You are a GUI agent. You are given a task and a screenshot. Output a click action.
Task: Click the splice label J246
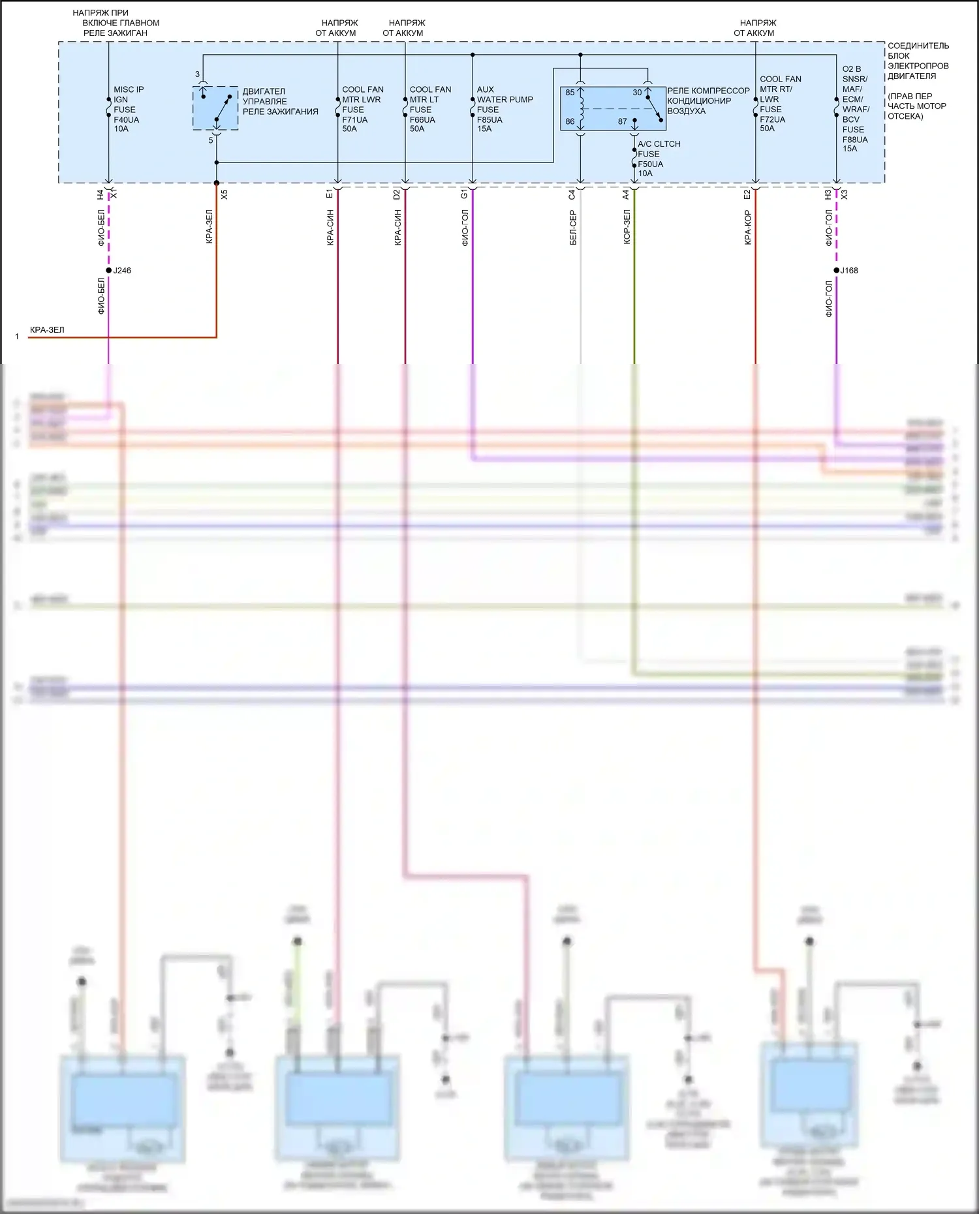(122, 270)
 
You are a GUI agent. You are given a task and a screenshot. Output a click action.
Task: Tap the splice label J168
(849, 270)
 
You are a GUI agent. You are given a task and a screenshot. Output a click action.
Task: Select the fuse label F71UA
(355, 119)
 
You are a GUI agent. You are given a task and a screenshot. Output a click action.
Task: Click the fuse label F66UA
(422, 119)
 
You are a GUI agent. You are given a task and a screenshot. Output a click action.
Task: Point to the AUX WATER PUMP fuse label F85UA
(489, 119)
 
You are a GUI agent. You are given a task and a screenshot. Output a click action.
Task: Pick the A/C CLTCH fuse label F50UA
(650, 164)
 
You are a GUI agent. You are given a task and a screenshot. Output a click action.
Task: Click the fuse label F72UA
(772, 119)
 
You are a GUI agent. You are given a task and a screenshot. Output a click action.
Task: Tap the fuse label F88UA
(855, 139)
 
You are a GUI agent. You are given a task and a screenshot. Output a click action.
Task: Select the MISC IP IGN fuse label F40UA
(127, 119)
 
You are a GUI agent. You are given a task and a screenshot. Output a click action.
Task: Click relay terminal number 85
(570, 93)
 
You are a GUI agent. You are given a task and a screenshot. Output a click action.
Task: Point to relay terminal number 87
(622, 121)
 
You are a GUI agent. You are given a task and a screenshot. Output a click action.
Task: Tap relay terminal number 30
(637, 93)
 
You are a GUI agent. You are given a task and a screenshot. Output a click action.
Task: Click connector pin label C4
(572, 194)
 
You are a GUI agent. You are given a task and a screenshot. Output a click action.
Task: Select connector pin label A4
(625, 194)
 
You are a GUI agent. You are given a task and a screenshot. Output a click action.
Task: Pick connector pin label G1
(464, 194)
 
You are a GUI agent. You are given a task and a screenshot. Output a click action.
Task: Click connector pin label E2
(747, 194)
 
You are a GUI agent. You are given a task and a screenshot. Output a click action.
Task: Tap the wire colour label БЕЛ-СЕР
(573, 228)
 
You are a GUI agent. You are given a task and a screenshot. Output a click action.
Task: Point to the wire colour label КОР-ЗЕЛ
(627, 226)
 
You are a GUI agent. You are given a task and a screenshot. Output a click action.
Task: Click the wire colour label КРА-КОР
(748, 228)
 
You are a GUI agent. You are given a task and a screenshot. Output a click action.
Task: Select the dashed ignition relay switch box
(215, 108)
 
